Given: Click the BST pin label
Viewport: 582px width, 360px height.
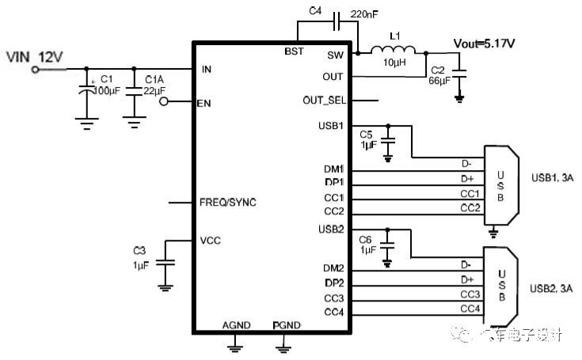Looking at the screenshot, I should [294, 51].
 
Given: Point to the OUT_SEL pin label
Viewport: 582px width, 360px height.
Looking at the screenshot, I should [325, 100].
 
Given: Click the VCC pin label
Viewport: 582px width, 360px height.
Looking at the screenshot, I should [210, 239].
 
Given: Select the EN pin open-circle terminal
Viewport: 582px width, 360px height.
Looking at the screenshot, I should [164, 101].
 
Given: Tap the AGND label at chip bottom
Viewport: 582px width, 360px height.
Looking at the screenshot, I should [235, 325].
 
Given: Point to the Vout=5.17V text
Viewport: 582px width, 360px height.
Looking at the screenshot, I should [485, 43].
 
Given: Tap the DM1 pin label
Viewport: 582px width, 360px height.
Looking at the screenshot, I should [333, 169].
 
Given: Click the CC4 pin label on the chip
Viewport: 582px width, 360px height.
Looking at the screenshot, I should [333, 313].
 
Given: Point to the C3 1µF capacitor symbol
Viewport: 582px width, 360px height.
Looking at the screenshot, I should [165, 263].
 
